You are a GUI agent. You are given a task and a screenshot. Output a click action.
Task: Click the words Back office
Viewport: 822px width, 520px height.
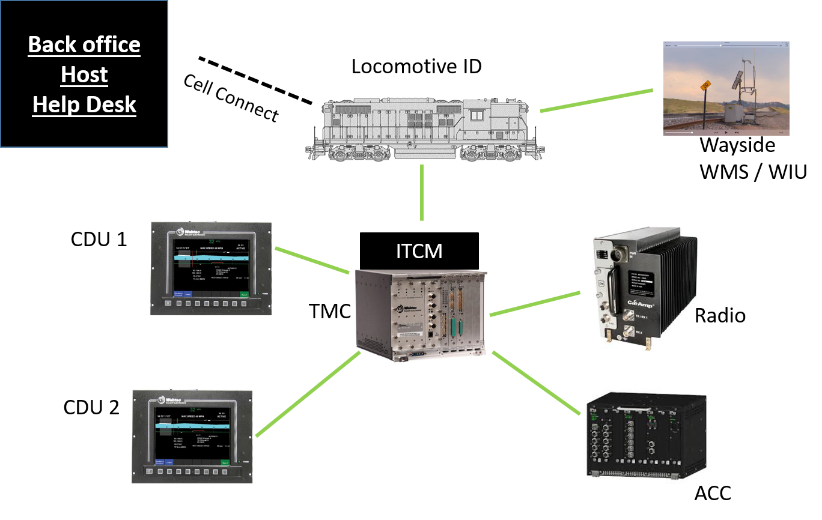pos(84,45)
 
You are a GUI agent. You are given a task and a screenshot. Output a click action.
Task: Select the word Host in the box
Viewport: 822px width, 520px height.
pos(84,75)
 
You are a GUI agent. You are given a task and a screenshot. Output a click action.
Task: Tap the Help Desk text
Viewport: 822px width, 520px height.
pos(84,105)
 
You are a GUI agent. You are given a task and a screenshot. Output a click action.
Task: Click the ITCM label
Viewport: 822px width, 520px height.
pos(419,250)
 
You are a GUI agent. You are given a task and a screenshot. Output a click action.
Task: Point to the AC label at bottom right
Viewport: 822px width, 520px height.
pos(707,493)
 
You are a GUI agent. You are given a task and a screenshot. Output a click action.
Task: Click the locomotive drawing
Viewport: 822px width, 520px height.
pos(424,124)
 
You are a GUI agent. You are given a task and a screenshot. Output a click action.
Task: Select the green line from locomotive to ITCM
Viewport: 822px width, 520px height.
pos(422,192)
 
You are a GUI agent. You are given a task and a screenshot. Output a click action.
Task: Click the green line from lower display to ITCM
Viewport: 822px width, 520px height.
pos(308,393)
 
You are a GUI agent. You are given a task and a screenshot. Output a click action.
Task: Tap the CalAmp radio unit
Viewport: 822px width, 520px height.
pos(645,288)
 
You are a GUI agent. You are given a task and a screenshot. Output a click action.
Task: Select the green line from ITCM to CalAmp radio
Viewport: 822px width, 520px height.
pos(535,304)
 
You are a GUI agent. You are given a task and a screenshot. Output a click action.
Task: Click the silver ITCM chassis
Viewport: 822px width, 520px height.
pos(419,315)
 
